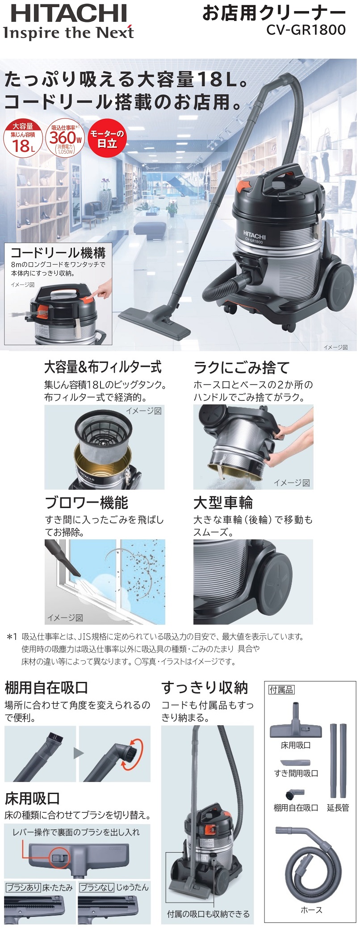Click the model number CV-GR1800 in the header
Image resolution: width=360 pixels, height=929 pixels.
click(306, 30)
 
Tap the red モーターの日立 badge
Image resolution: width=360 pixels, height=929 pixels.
click(107, 139)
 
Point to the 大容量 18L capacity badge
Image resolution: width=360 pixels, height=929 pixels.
click(23, 139)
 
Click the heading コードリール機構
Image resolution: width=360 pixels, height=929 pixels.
click(58, 253)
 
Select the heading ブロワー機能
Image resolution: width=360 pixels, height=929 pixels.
click(86, 503)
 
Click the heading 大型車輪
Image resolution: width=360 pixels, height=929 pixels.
click(223, 503)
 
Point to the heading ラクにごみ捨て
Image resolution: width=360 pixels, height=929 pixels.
click(242, 368)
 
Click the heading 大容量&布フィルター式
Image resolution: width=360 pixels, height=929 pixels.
click(103, 367)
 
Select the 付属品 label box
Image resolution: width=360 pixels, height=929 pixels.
click(281, 689)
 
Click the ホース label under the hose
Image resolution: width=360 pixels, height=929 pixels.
click(311, 910)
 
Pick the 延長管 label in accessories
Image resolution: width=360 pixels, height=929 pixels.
click(338, 807)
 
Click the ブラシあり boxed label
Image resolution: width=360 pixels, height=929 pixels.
click(23, 887)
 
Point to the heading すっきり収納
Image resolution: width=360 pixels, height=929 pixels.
click(205, 687)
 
